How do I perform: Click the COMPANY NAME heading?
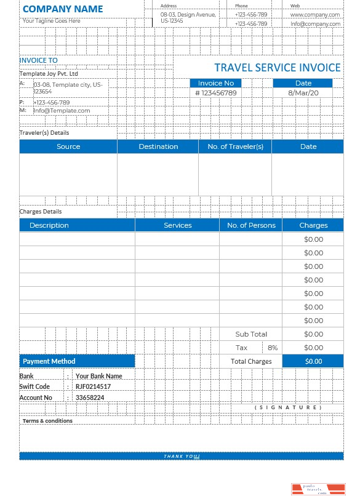pyautogui.click(x=63, y=9)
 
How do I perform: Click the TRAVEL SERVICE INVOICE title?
pyautogui.click(x=277, y=68)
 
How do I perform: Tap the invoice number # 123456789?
pyautogui.click(x=215, y=93)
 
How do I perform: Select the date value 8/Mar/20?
pyautogui.click(x=303, y=93)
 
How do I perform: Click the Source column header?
pyautogui.click(x=68, y=146)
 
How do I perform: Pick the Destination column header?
pyautogui.click(x=158, y=146)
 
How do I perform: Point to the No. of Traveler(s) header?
pyautogui.click(x=235, y=146)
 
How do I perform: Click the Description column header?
pyautogui.click(x=49, y=225)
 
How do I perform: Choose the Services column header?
pyautogui.click(x=178, y=225)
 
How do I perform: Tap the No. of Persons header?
pyautogui.click(x=251, y=225)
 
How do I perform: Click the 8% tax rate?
pyautogui.click(x=273, y=348)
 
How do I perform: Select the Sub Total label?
pyautogui.click(x=251, y=334)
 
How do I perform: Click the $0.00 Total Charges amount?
pyautogui.click(x=313, y=361)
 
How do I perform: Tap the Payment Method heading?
pyautogui.click(x=49, y=361)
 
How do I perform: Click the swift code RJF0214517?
pyautogui.click(x=93, y=386)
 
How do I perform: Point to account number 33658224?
pyautogui.click(x=90, y=398)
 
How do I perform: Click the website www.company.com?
pyautogui.click(x=315, y=14)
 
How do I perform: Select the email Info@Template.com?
pyautogui.click(x=62, y=111)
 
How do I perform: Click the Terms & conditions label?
pyautogui.click(x=47, y=421)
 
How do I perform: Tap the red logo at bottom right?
pyautogui.click(x=318, y=489)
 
